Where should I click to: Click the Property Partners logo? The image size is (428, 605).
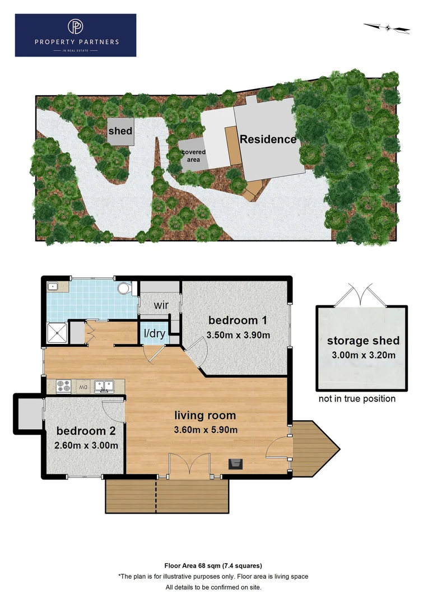click(x=76, y=35)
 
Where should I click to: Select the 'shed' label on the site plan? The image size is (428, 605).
click(x=120, y=131)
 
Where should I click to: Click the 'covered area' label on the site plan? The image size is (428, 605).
click(x=193, y=156)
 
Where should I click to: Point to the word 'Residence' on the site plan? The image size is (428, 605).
click(x=268, y=139)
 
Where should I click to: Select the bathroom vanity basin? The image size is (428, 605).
click(x=55, y=287)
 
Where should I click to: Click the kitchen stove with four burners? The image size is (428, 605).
click(x=63, y=386)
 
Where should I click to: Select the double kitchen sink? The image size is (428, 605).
click(x=104, y=385)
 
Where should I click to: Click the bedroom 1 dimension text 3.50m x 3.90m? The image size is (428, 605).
click(x=239, y=336)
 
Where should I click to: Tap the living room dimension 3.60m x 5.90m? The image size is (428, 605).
click(x=205, y=430)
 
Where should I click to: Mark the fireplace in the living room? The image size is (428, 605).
click(x=236, y=463)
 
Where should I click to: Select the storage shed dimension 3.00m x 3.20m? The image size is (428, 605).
click(x=362, y=355)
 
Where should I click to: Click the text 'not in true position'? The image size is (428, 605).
click(x=357, y=399)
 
